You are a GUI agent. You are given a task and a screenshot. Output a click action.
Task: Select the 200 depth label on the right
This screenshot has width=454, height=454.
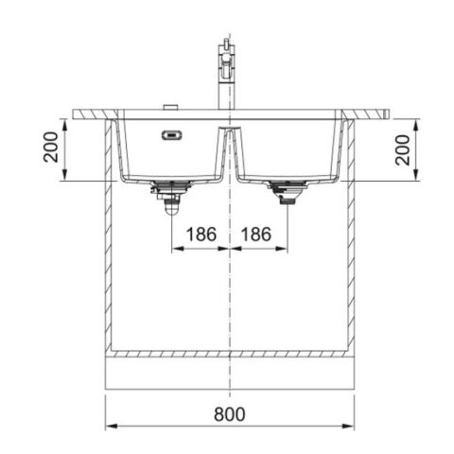[x=403, y=149]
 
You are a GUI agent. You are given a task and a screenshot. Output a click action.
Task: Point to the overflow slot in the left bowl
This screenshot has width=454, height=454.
[x=172, y=135]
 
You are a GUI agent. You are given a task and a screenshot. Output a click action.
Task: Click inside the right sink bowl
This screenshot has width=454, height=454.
[x=284, y=151]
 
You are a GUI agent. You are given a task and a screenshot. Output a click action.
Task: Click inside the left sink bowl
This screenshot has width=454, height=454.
[x=170, y=156]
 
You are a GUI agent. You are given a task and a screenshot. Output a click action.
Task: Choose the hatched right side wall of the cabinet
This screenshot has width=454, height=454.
[x=351, y=236]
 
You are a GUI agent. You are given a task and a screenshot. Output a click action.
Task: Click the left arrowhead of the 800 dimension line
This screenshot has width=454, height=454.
[x=108, y=425]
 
